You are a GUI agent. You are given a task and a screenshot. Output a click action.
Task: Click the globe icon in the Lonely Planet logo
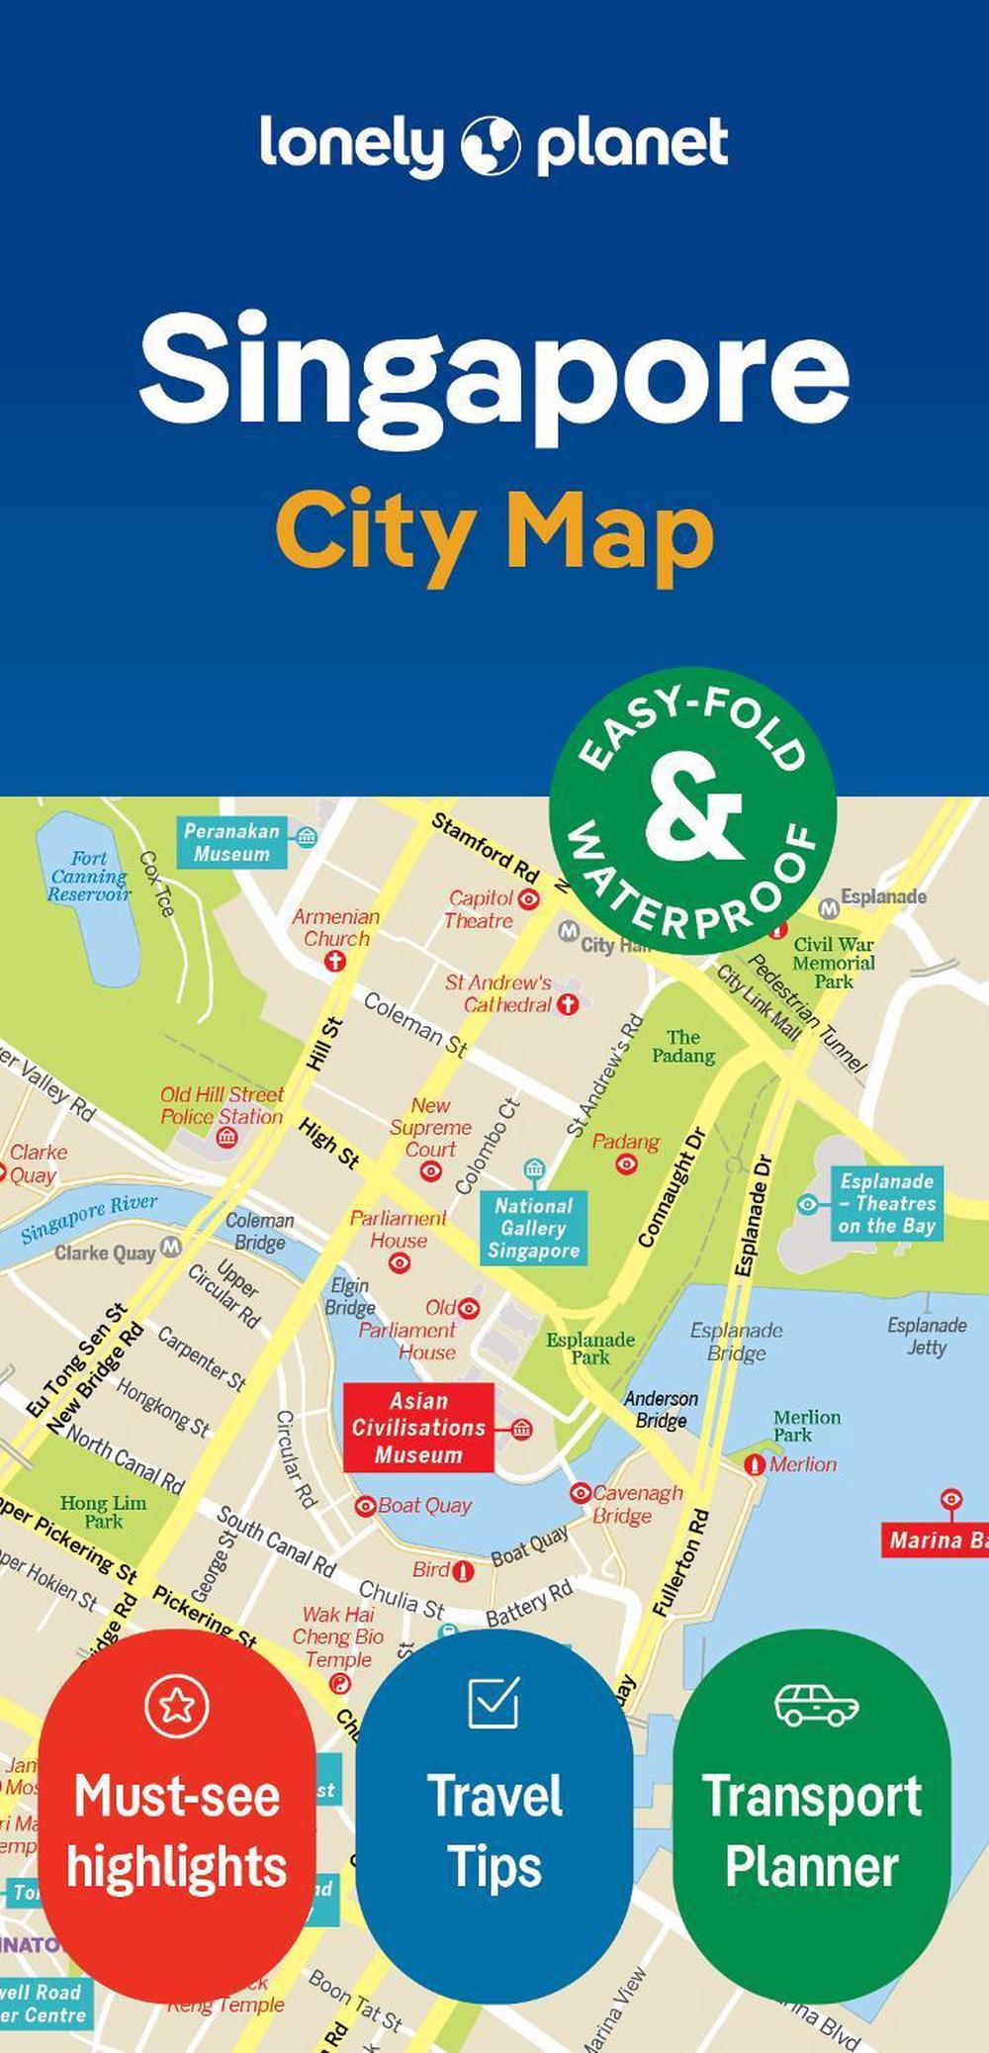490,144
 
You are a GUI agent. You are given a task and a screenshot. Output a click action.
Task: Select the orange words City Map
494,533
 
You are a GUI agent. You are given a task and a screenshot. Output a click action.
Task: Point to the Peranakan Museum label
231,843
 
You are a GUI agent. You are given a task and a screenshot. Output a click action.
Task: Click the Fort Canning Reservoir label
89,877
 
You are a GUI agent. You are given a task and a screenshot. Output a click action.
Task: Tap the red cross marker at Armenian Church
336,961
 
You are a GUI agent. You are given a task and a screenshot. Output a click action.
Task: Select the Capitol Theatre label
480,909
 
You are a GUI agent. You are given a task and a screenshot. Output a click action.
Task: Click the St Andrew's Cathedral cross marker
568,1005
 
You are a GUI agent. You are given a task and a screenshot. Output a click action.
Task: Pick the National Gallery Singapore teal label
533,1228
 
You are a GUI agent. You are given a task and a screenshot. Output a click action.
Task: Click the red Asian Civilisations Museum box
418,1428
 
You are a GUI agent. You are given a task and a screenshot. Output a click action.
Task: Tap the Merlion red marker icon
756,1464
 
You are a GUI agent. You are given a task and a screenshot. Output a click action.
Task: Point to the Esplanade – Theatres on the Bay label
887,1203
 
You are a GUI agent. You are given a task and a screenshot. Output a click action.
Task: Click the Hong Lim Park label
103,1512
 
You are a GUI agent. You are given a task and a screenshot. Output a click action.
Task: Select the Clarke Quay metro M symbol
171,1246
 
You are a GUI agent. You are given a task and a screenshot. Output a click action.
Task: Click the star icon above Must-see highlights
176,1705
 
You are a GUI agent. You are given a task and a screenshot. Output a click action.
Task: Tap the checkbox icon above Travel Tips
494,1703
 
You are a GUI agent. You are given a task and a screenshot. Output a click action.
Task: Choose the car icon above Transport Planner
816,1705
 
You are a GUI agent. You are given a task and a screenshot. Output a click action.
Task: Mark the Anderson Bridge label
661,1409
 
